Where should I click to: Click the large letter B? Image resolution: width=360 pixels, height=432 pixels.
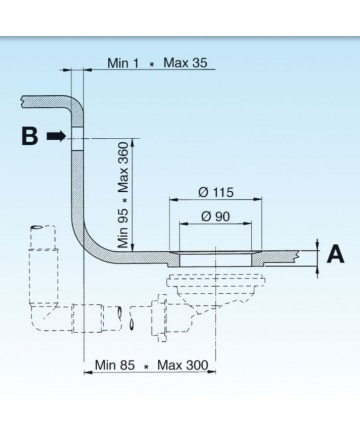(30, 136)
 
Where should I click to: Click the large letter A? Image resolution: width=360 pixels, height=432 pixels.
(335, 254)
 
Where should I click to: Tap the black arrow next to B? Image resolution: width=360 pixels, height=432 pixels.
(57, 136)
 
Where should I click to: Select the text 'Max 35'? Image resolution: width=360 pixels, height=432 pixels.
(185, 62)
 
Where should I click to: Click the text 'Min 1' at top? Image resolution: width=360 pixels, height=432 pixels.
(123, 63)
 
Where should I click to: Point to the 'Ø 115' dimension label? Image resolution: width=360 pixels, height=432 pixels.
(216, 192)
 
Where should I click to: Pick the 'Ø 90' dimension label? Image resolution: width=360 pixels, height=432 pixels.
(216, 216)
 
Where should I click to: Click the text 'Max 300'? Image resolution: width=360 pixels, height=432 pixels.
(183, 365)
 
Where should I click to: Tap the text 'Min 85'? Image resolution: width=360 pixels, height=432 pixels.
(115, 365)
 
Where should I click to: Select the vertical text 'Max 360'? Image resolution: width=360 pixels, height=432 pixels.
(123, 167)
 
